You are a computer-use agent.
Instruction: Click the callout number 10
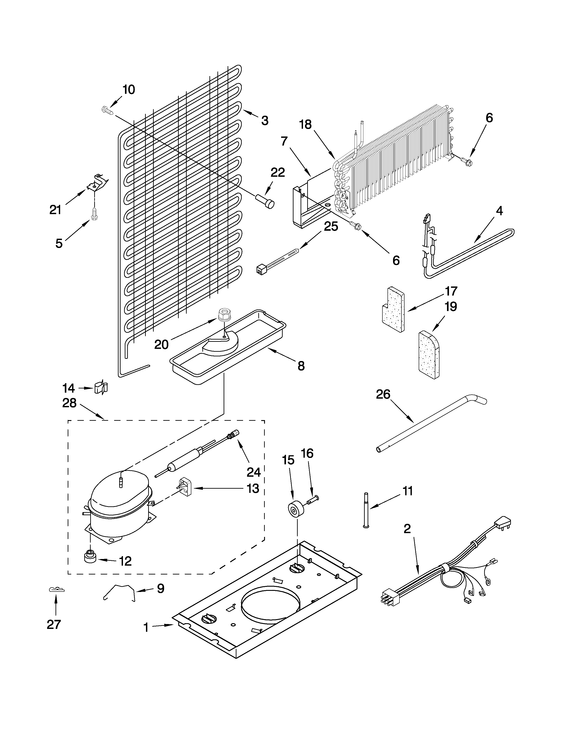(x=129, y=90)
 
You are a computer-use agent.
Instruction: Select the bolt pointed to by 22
(x=265, y=202)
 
